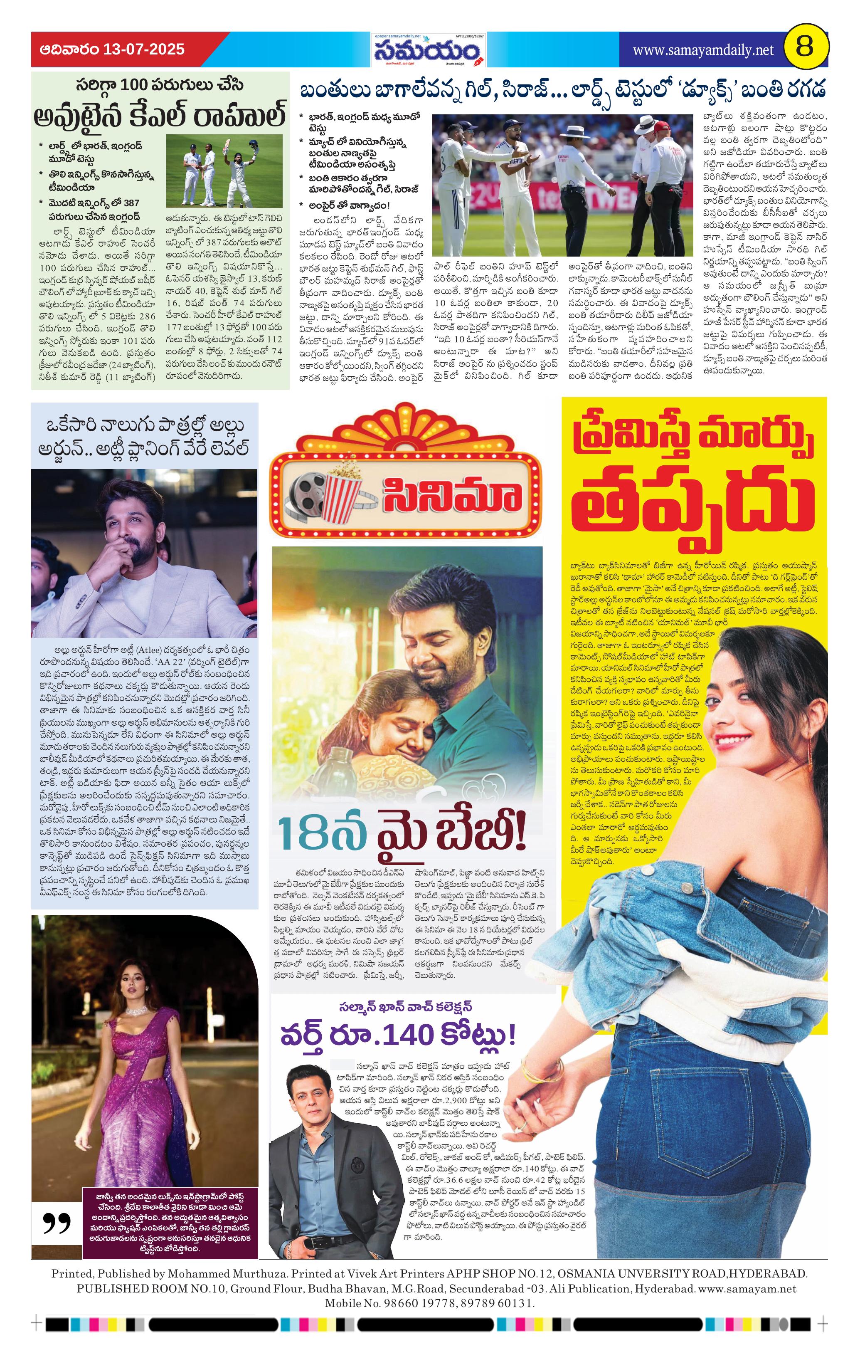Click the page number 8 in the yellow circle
point(805,47)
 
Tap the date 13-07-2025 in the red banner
point(144,49)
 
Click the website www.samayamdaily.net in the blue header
point(702,50)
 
